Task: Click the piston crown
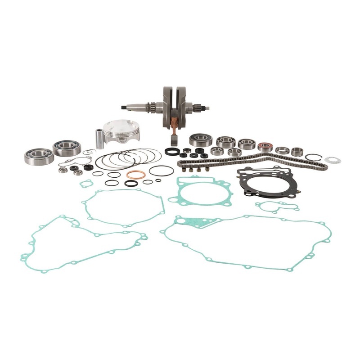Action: [x=121, y=126]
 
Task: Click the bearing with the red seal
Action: [x=265, y=147]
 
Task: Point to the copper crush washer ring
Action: [x=135, y=175]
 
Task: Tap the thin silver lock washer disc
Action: [x=333, y=160]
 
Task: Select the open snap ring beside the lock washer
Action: [x=313, y=157]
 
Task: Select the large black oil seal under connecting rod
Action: [x=171, y=152]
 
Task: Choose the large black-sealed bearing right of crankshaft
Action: [x=201, y=140]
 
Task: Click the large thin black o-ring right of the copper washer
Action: [x=161, y=171]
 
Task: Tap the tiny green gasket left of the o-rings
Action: [x=86, y=184]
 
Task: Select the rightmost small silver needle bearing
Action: [x=297, y=152]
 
